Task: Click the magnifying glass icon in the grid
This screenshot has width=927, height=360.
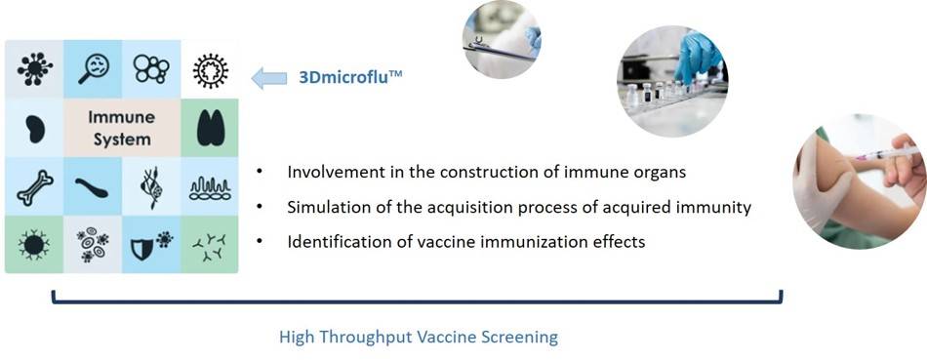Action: (x=93, y=68)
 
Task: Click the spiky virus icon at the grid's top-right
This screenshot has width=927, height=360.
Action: (x=209, y=69)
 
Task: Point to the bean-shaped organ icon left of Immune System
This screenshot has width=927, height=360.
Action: (x=34, y=128)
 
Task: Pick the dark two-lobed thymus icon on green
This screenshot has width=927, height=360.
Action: (x=209, y=128)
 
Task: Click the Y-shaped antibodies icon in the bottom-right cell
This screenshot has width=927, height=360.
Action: (x=209, y=245)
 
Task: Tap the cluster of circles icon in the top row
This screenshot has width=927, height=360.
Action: (x=151, y=68)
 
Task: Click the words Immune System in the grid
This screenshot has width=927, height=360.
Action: (x=122, y=128)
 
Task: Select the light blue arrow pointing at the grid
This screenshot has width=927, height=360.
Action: (x=268, y=78)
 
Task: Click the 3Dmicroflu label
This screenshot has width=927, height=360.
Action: (x=348, y=78)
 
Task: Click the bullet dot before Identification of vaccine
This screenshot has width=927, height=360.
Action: (x=259, y=241)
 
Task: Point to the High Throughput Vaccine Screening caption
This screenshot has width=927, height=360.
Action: (x=418, y=338)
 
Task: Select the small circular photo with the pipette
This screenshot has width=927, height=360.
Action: (x=501, y=39)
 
